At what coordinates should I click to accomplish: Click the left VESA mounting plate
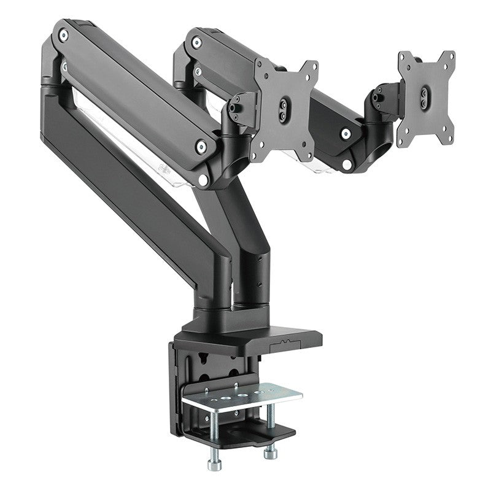click(285, 110)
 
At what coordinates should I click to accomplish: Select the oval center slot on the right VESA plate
click(425, 96)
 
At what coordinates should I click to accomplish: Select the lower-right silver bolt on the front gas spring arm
click(201, 146)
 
